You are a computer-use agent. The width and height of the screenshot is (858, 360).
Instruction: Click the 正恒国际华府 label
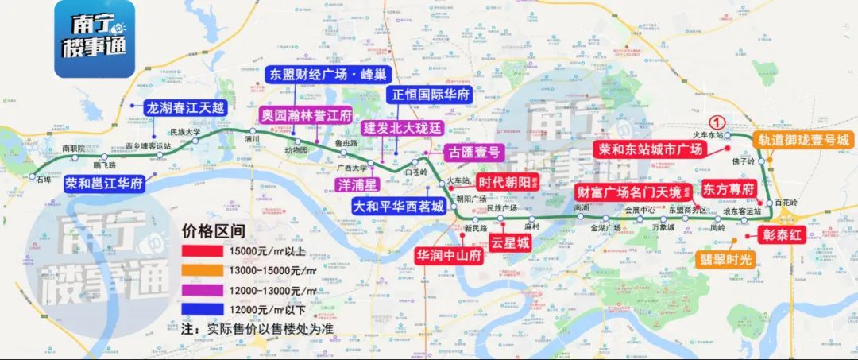(x=430, y=95)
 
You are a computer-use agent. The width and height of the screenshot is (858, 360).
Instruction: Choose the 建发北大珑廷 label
(x=401, y=128)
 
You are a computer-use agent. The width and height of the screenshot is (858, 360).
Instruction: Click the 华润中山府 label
(x=449, y=256)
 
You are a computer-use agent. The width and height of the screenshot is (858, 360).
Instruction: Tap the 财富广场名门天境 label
(x=630, y=192)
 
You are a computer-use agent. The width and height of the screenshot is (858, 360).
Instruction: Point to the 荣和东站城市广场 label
(x=651, y=149)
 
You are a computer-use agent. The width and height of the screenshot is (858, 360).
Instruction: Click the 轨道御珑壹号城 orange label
(x=802, y=140)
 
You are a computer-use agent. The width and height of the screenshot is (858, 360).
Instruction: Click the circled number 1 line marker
(x=717, y=122)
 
